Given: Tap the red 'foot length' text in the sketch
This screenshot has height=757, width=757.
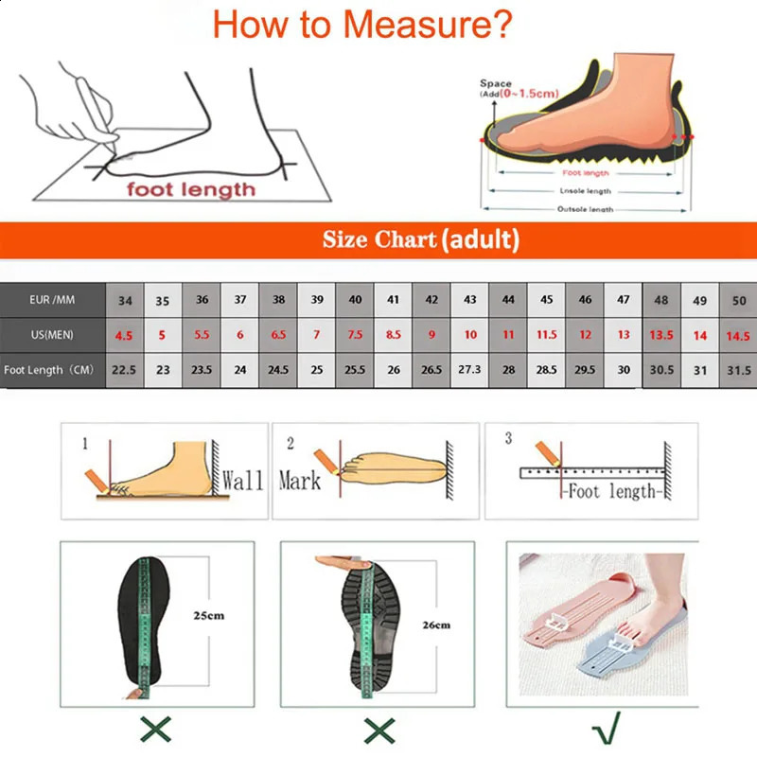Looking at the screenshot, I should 192,189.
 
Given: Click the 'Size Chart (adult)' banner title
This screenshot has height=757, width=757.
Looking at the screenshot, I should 420,239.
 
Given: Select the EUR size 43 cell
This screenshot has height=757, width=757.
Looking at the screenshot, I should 470,300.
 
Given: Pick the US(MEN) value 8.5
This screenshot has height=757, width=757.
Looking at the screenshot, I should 394,335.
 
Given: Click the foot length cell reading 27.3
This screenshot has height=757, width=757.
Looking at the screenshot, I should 470,370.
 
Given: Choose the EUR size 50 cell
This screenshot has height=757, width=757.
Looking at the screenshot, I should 738,300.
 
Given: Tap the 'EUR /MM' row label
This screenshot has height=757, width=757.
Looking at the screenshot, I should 53,300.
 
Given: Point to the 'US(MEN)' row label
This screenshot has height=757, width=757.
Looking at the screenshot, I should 51,335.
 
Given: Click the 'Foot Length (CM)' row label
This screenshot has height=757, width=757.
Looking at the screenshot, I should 53,370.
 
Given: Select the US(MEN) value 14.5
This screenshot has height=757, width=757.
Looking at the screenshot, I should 738,335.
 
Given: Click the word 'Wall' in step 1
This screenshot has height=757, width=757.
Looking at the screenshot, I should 242,480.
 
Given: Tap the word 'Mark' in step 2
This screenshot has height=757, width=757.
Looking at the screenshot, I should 299,481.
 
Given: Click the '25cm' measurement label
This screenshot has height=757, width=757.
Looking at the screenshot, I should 211,616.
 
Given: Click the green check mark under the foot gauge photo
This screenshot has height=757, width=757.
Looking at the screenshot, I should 602,730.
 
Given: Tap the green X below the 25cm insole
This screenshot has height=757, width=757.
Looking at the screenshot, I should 157,730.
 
